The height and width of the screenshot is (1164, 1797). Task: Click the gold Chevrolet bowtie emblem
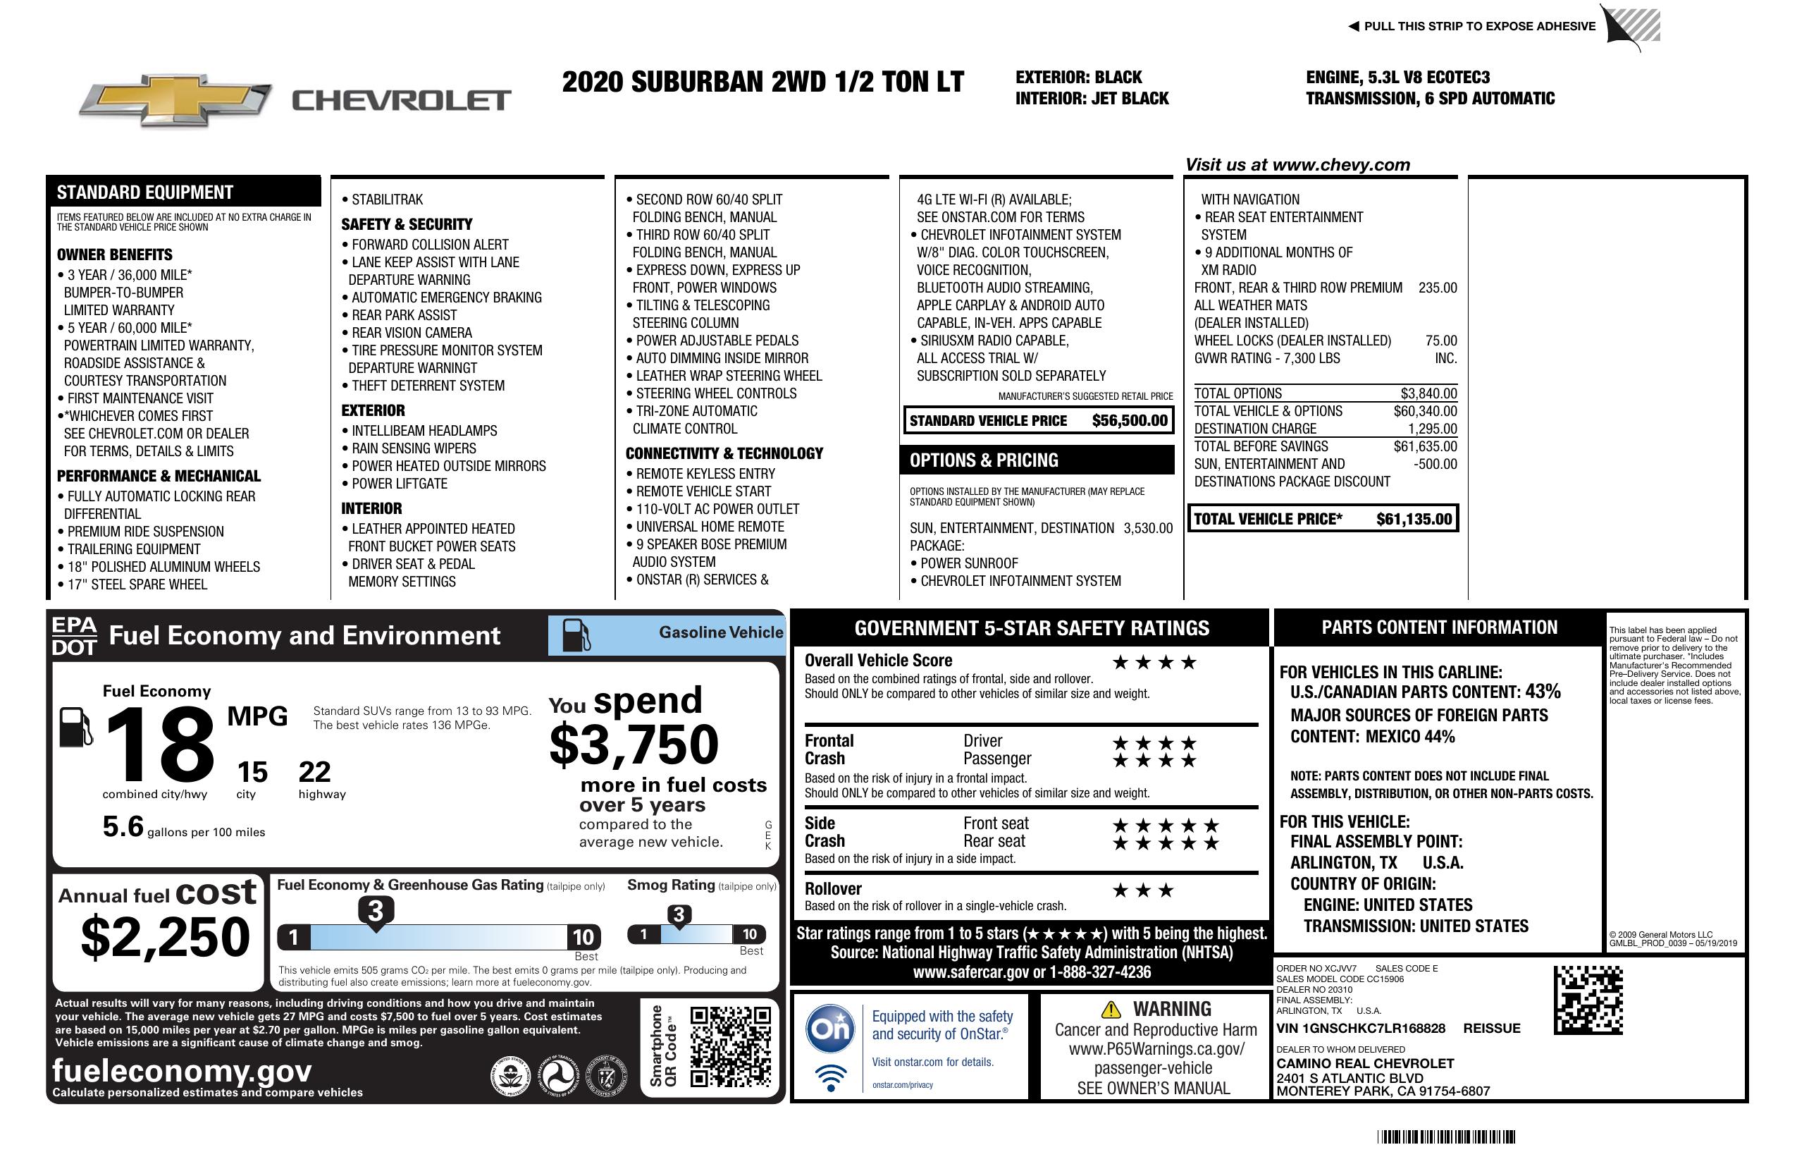click(x=175, y=99)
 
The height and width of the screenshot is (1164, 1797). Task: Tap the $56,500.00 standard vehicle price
click(x=1130, y=421)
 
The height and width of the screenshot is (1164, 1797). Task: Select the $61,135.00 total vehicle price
click(x=1414, y=519)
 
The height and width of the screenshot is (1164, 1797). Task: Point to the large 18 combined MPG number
click(x=160, y=744)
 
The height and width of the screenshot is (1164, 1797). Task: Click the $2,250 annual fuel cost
click(x=165, y=937)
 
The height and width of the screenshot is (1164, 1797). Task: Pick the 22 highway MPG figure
click(x=314, y=772)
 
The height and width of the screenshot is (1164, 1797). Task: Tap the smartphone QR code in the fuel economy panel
click(x=730, y=1046)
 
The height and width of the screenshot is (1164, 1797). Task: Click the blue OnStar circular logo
click(x=831, y=1028)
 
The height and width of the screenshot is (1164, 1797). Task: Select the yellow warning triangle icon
click(x=1111, y=1009)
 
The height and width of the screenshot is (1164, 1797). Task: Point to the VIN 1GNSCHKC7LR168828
click(x=1361, y=1028)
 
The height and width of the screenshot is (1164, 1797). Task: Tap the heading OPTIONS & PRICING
click(x=983, y=460)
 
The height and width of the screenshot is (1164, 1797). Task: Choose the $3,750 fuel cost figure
click(x=634, y=745)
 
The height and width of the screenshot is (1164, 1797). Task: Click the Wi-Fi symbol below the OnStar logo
click(x=831, y=1077)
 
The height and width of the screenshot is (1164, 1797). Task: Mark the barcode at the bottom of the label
click(x=1445, y=1137)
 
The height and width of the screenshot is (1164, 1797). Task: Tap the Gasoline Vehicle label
click(x=720, y=632)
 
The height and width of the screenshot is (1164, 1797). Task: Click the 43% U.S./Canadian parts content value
click(x=1542, y=691)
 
